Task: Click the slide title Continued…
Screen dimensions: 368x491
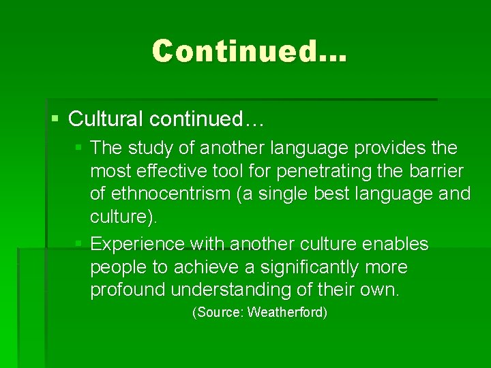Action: [x=250, y=51]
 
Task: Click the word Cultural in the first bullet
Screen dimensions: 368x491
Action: [x=106, y=119]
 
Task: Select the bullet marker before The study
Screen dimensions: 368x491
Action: [x=79, y=148]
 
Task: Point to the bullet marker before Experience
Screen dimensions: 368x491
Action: [x=79, y=244]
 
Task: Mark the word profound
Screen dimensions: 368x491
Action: [x=128, y=290]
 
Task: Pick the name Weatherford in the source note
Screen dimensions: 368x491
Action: [x=286, y=313]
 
